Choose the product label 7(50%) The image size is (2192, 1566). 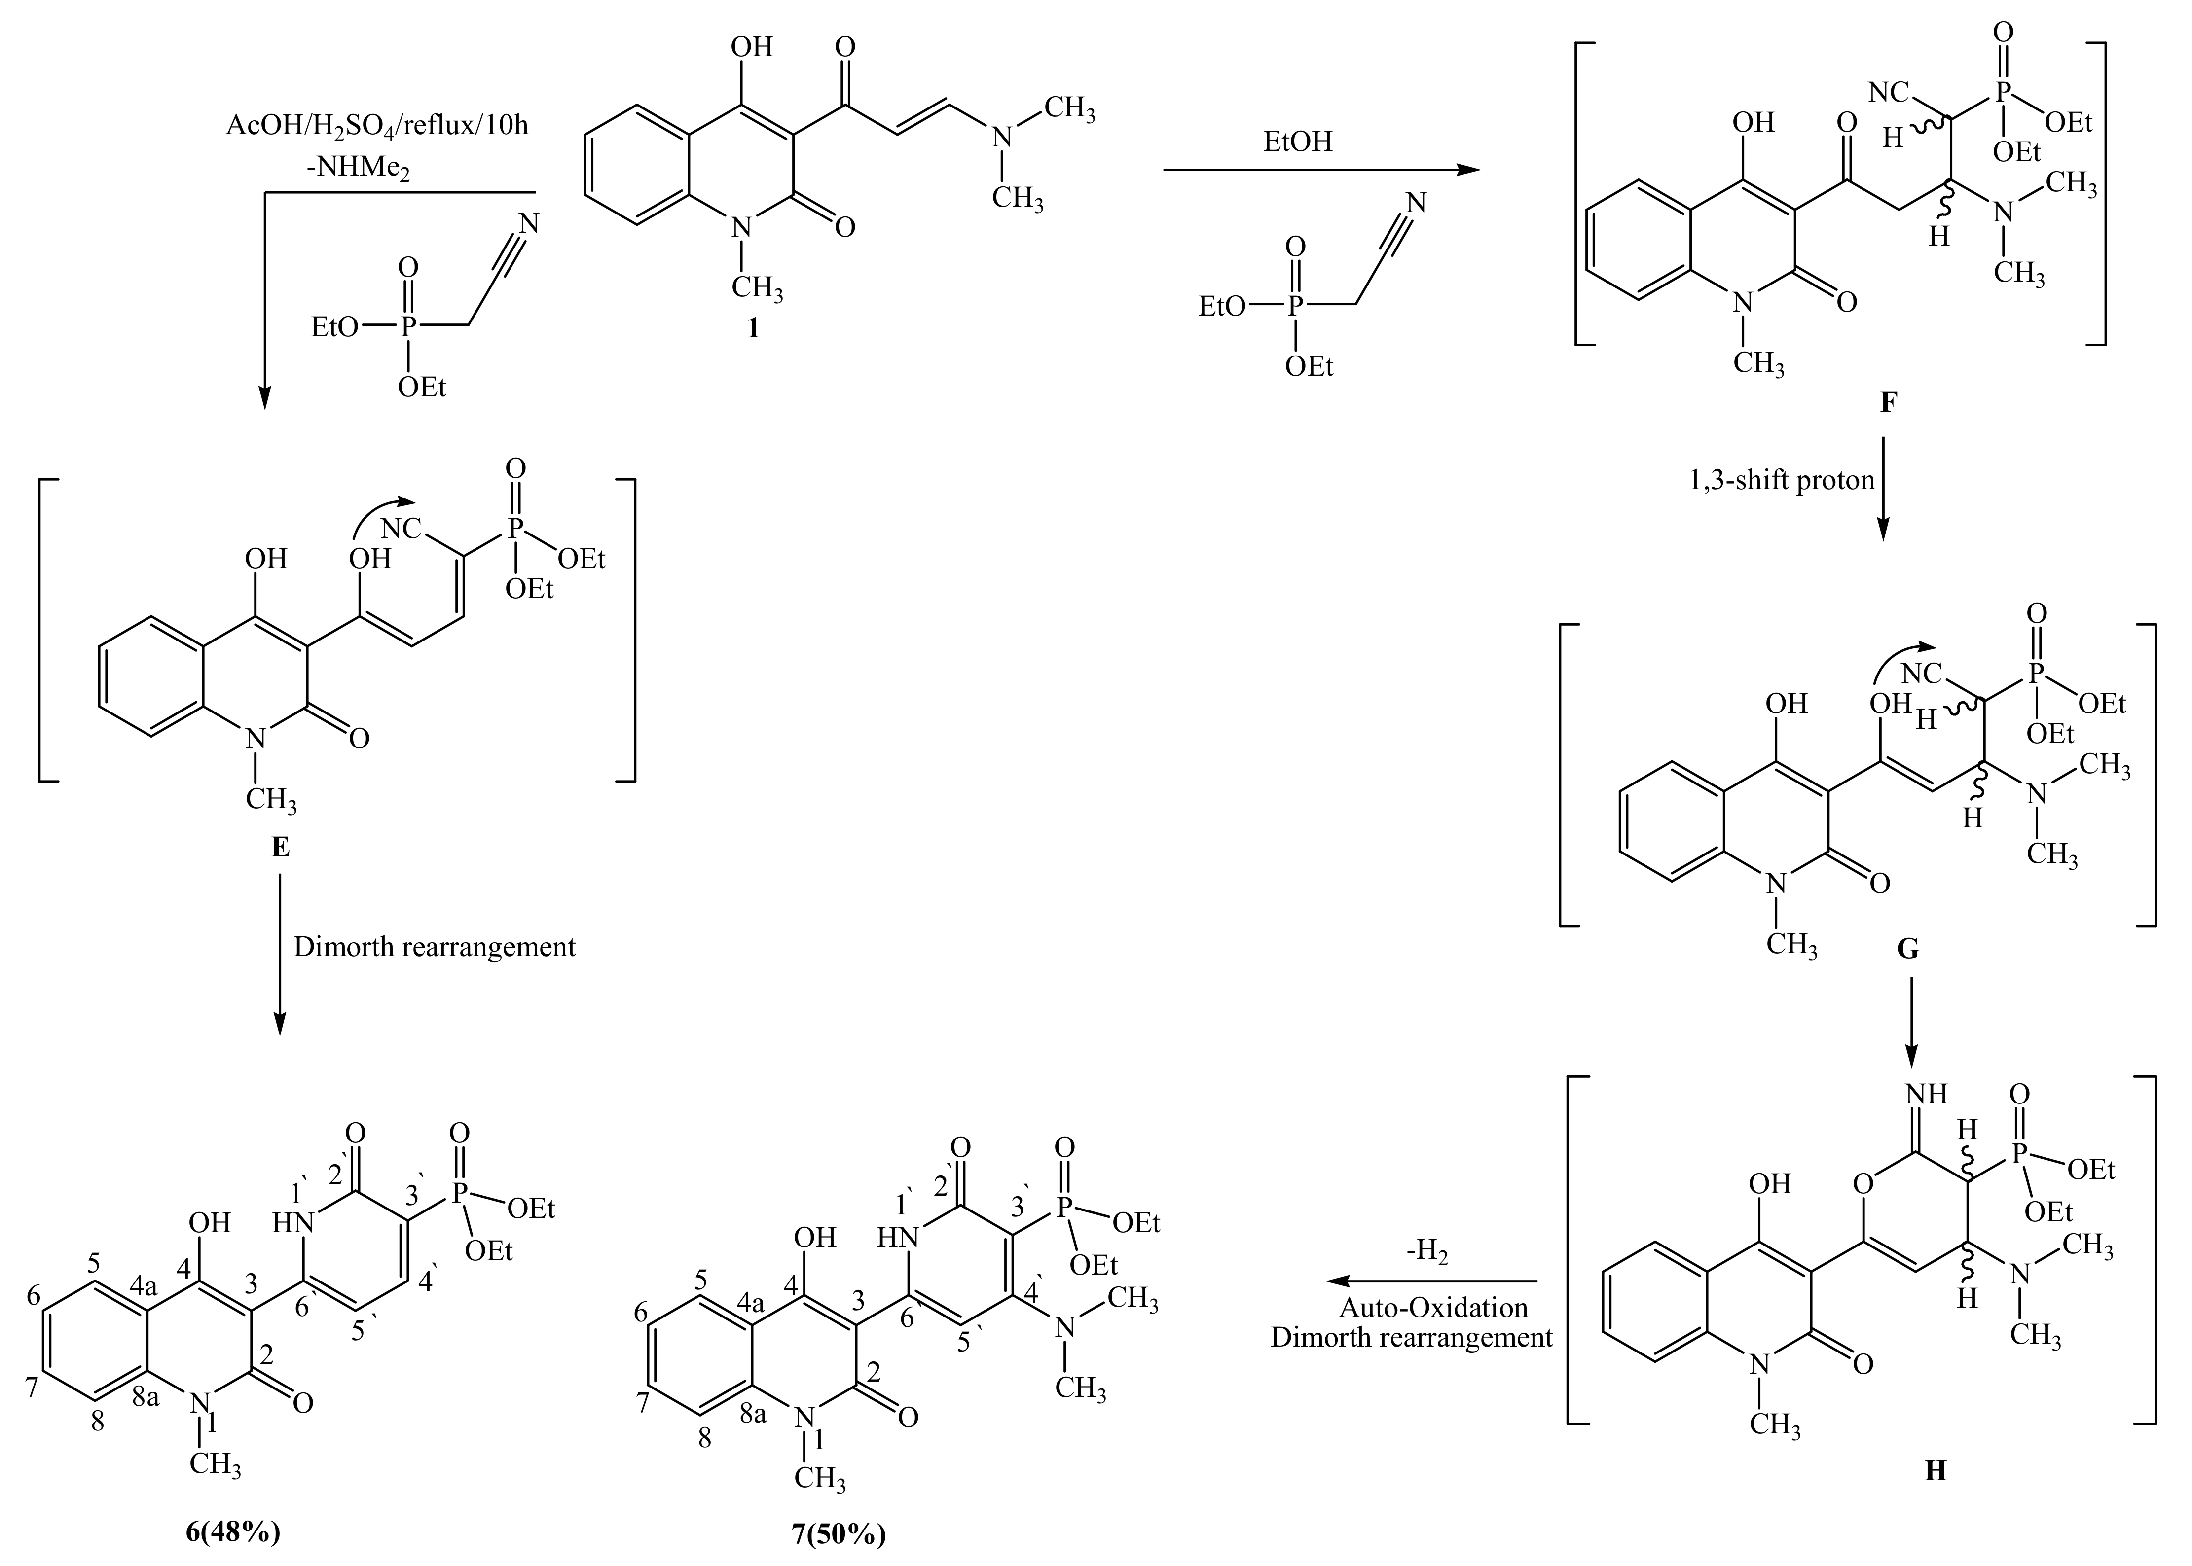click(839, 1534)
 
